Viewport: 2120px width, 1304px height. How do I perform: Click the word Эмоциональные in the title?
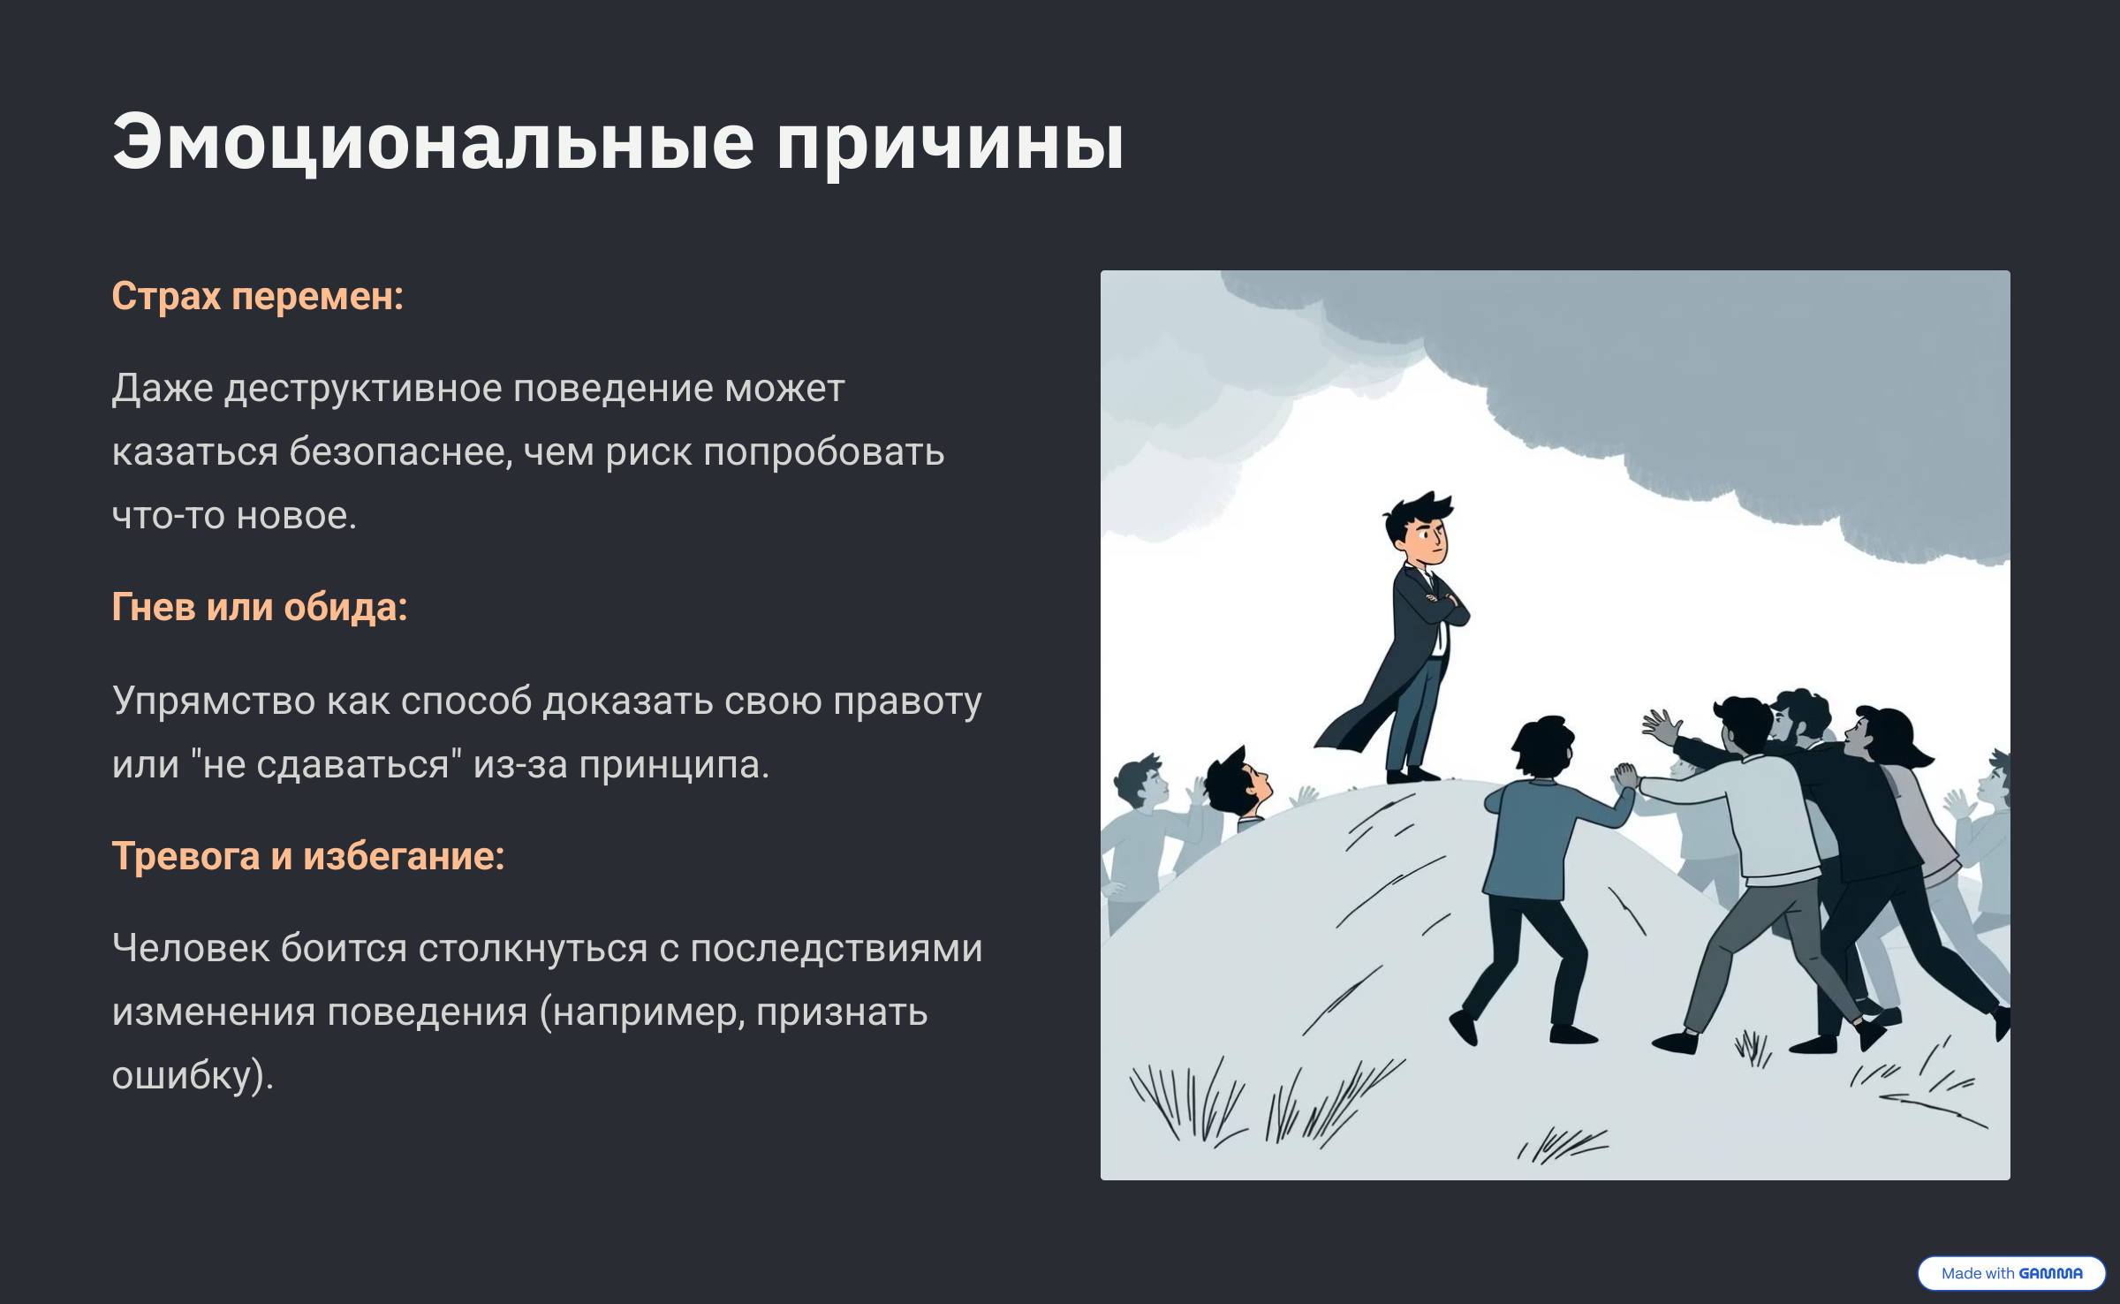433,141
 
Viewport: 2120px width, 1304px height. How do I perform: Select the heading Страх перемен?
257,297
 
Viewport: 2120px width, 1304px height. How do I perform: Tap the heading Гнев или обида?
260,608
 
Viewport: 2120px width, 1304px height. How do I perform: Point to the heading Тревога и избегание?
308,856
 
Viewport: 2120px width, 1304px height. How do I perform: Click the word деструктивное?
364,389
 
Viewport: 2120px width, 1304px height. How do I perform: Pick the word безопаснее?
400,452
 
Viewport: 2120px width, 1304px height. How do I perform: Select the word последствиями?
836,949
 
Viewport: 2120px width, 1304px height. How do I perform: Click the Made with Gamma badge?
2011,1273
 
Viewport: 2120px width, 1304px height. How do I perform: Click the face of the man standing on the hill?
1424,534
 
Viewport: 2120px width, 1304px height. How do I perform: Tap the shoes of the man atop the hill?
1412,775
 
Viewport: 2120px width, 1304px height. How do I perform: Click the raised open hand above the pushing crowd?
1661,728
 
